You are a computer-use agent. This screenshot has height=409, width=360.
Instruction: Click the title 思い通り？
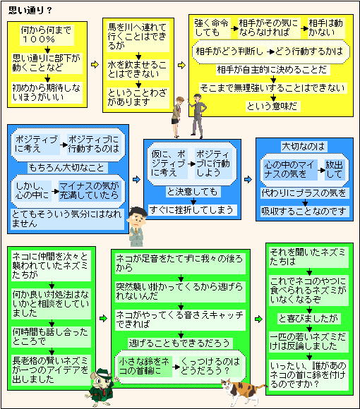tap(30, 10)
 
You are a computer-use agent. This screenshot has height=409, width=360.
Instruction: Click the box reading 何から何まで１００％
tap(47, 35)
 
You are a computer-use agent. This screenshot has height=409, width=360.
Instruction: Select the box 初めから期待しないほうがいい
tap(47, 92)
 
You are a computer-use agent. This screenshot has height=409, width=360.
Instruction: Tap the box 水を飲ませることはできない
tap(138, 69)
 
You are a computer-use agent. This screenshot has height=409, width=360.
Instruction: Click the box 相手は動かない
tap(326, 28)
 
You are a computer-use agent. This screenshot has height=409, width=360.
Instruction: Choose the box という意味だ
tap(272, 106)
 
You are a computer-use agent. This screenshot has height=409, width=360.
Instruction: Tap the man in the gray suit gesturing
tap(198, 116)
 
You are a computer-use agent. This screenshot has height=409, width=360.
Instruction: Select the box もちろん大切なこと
tap(67, 168)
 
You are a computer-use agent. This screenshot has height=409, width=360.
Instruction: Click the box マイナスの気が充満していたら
tap(90, 190)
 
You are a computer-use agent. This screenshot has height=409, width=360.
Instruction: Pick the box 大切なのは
tap(304, 147)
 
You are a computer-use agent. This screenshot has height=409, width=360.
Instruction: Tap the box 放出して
tap(335, 169)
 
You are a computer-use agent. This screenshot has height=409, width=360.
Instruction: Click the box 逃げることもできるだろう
tap(179, 343)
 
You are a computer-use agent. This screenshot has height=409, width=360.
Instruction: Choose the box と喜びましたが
tap(309, 319)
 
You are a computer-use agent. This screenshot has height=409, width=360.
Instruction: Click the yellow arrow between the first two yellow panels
tap(95, 64)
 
